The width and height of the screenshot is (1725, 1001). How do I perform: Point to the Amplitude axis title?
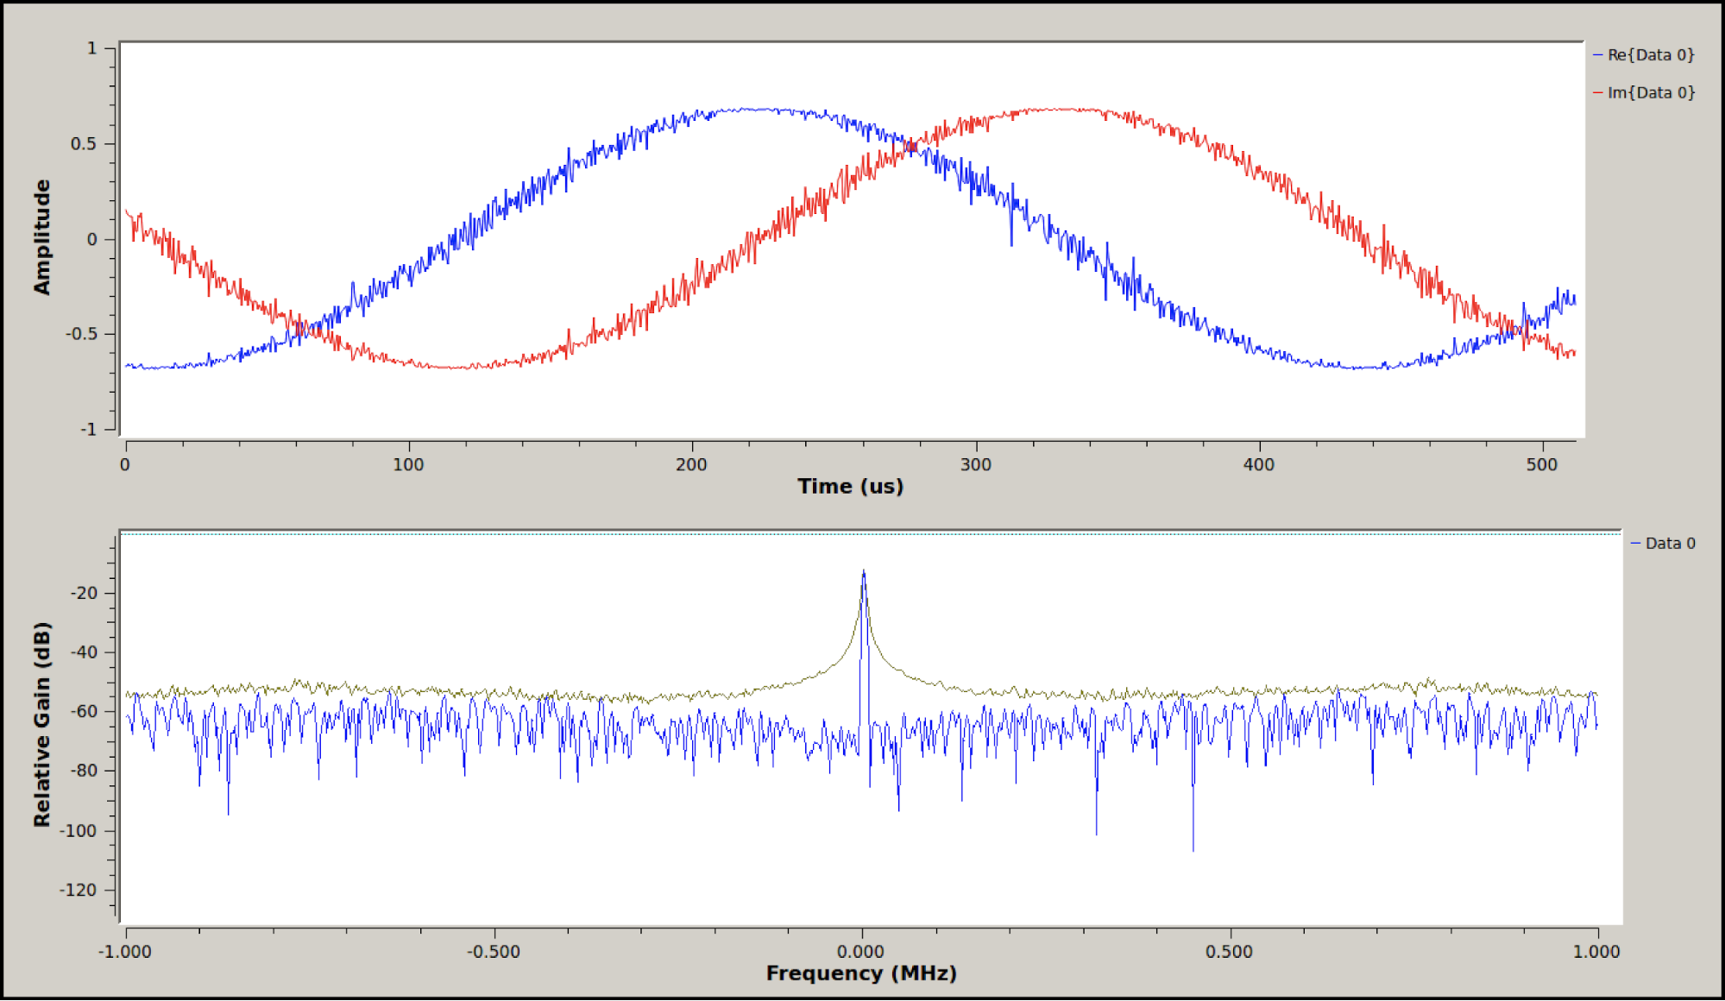42,237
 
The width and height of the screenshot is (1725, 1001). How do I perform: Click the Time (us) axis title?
850,487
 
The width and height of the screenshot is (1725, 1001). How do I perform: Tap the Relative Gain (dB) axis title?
42,724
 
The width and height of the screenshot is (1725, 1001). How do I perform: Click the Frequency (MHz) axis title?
861,973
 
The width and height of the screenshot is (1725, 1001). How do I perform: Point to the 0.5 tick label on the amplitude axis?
84,144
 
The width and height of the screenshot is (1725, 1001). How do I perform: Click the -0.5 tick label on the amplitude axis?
81,334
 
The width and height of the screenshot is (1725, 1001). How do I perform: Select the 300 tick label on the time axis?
975,465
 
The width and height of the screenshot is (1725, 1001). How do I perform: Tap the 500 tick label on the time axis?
1541,465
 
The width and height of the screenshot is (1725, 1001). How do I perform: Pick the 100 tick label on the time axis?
408,465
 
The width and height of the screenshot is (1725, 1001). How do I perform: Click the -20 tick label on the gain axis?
84,593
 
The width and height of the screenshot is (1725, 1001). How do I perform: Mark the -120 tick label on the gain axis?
79,890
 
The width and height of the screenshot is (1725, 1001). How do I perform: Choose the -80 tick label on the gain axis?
84,771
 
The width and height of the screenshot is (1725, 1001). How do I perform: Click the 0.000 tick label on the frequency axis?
861,952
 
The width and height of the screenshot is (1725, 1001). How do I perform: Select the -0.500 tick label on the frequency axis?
494,952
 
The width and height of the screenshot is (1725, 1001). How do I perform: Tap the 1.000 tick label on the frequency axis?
1596,952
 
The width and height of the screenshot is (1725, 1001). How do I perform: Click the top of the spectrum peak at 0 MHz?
863,572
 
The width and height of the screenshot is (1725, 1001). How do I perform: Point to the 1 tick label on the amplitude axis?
91,49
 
